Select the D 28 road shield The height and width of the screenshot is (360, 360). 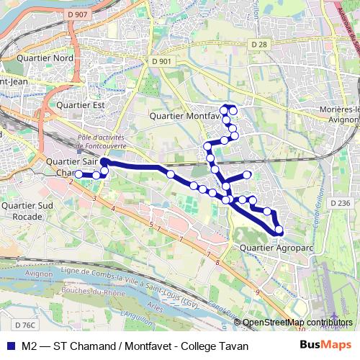259,45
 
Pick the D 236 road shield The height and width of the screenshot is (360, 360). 341,204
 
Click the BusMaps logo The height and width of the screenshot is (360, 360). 326,346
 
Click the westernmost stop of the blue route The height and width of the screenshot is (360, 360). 78,174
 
